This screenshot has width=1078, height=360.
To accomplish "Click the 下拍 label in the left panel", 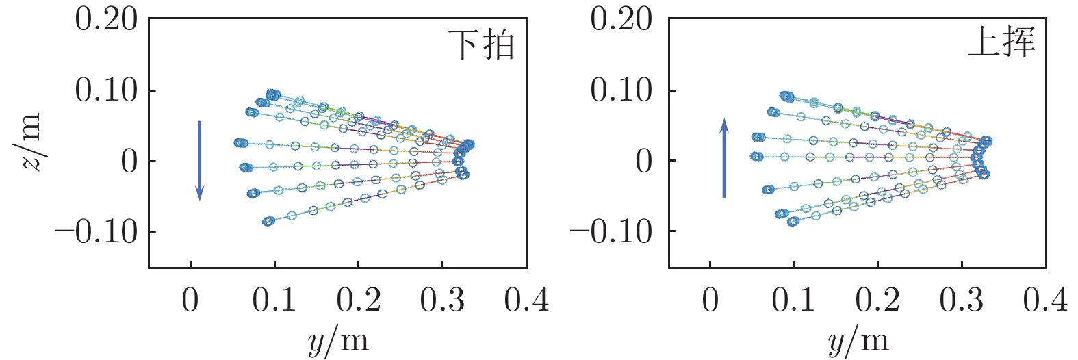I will tap(480, 45).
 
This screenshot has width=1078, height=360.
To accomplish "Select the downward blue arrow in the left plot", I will tap(199, 161).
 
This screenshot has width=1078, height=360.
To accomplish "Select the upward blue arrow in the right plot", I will tap(724, 158).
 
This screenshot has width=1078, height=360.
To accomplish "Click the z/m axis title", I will tap(30, 142).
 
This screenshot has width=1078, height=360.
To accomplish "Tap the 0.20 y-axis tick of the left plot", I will tap(106, 20).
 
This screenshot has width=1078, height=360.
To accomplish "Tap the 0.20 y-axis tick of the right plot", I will tap(621, 20).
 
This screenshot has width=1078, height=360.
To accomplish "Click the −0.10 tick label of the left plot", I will tap(96, 233).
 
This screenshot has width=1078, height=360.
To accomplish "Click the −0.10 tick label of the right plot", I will tap(611, 233).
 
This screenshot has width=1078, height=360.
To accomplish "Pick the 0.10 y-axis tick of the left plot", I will tap(106, 90).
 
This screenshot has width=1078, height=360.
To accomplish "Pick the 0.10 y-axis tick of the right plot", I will tap(621, 90).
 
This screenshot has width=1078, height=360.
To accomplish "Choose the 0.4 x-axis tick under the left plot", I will tap(526, 300).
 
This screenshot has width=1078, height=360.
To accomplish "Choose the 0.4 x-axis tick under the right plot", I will tap(1045, 300).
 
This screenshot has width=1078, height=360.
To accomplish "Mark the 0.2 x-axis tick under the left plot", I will tap(358, 300).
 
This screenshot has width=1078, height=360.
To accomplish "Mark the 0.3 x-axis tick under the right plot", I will tap(962, 300).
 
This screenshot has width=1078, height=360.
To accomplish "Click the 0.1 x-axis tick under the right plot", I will tap(794, 300).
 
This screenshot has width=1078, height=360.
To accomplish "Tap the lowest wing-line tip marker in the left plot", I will tap(268, 221).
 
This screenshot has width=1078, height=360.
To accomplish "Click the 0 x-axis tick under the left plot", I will tap(190, 300).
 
